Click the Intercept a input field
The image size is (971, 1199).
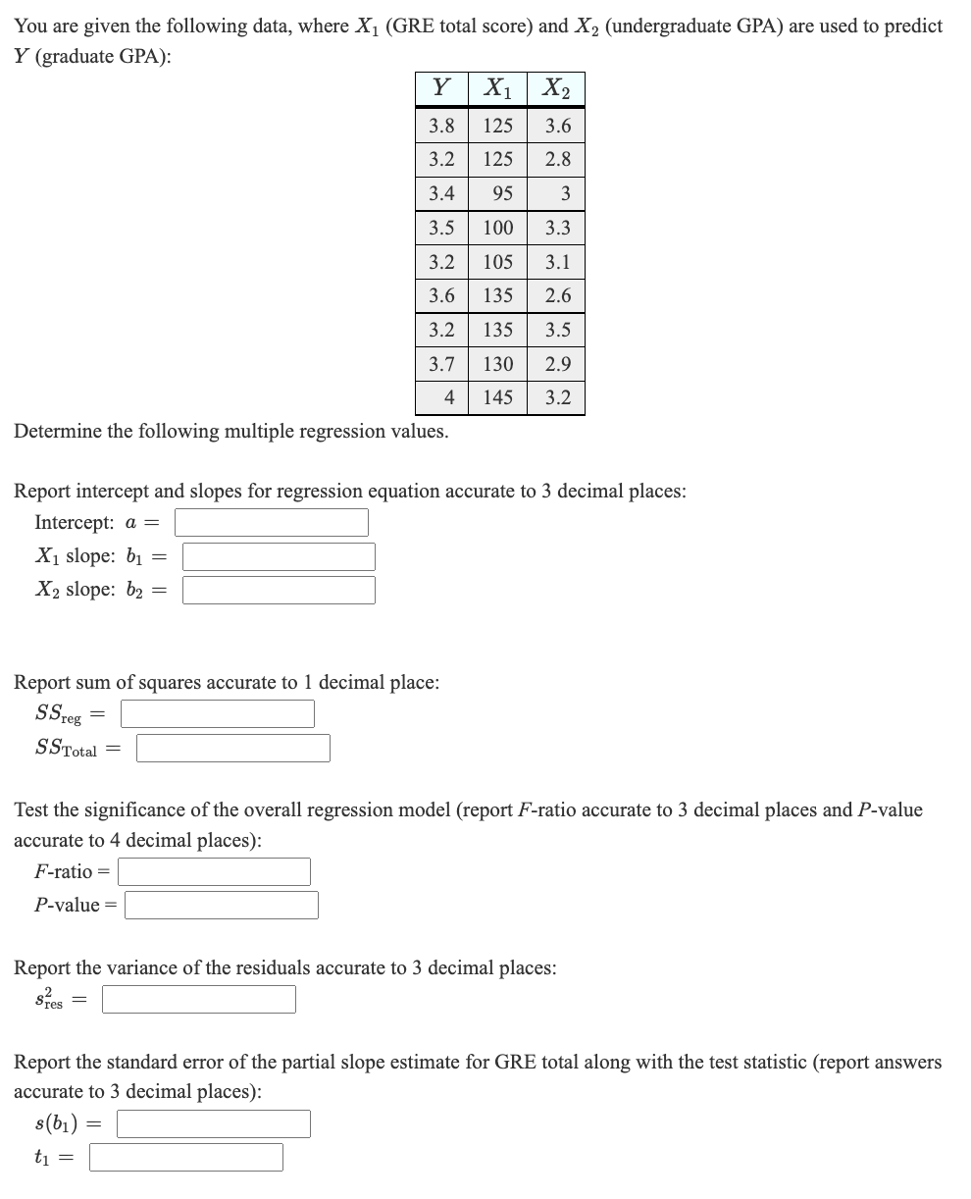pyautogui.click(x=272, y=522)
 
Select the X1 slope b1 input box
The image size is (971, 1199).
pyautogui.click(x=279, y=556)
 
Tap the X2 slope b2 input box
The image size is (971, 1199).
pyautogui.click(x=279, y=590)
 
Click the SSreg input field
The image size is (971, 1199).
pyautogui.click(x=218, y=713)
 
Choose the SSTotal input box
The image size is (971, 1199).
pyautogui.click(x=233, y=749)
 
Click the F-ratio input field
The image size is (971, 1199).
pyautogui.click(x=215, y=871)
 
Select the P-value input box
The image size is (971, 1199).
pyautogui.click(x=222, y=905)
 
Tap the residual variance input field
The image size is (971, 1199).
pyautogui.click(x=199, y=1000)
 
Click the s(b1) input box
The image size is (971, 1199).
pyautogui.click(x=214, y=1123)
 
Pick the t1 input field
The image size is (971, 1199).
pyautogui.click(x=186, y=1158)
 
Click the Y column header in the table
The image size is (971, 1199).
pyautogui.click(x=442, y=89)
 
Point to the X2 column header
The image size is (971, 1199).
pyautogui.click(x=556, y=89)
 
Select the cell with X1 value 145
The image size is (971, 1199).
pyautogui.click(x=498, y=398)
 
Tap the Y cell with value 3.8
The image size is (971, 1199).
pyautogui.click(x=442, y=126)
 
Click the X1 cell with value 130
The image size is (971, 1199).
pyautogui.click(x=498, y=364)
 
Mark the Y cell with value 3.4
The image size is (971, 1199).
pyautogui.click(x=442, y=193)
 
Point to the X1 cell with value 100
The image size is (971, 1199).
pyautogui.click(x=498, y=228)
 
